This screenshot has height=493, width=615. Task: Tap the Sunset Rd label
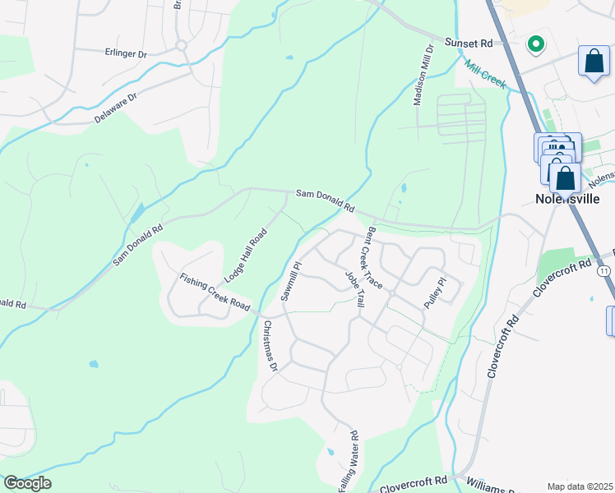(467, 42)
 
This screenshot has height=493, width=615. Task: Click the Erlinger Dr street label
(127, 54)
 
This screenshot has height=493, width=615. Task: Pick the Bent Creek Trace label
(374, 256)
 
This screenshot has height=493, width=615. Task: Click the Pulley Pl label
(434, 293)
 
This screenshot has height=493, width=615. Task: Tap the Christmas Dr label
(271, 345)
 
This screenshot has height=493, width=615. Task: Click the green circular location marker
(535, 44)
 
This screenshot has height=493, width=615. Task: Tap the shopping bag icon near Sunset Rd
(594, 62)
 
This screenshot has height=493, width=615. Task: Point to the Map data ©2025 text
(580, 486)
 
